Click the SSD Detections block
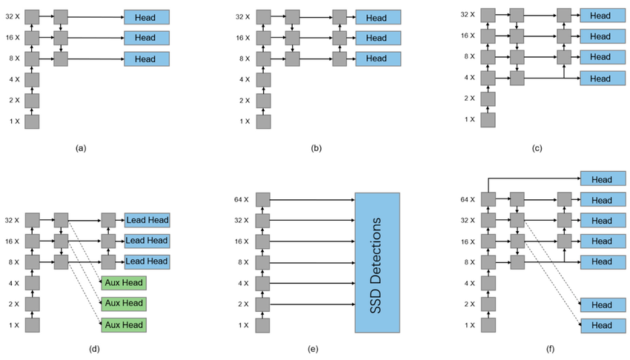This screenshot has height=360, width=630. [377, 262]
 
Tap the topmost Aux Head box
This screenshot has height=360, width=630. [124, 282]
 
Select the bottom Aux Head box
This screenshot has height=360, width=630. [124, 324]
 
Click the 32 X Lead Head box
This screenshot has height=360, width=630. [147, 220]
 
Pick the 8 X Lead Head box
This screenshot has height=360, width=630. [147, 261]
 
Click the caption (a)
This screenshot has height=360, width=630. [81, 148]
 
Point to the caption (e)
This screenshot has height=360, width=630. [313, 349]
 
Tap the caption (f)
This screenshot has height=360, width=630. [550, 349]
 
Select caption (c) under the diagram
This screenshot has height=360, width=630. [537, 148]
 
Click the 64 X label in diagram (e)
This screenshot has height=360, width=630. [241, 199]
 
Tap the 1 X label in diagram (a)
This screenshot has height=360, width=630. [15, 121]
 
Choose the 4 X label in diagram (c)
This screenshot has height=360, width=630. [469, 78]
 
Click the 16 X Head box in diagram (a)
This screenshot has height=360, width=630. [147, 38]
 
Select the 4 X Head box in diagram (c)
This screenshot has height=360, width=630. [603, 79]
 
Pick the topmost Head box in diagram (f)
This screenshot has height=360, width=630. [603, 179]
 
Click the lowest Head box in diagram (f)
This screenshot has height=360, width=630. [603, 325]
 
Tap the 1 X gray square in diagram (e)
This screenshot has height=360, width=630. [263, 325]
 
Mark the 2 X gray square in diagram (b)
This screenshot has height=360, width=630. [264, 101]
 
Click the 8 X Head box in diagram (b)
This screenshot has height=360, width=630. [378, 59]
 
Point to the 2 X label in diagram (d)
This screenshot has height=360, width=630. [13, 304]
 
